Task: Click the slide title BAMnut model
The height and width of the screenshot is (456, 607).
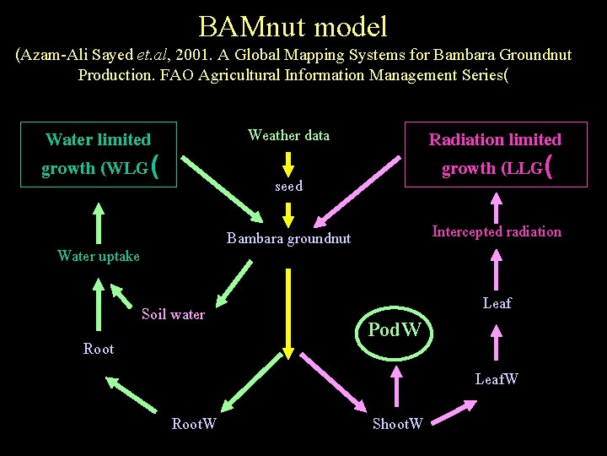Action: coord(293,26)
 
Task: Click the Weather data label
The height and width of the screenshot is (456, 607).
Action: coord(288,135)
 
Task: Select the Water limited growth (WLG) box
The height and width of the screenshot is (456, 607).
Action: coord(99,154)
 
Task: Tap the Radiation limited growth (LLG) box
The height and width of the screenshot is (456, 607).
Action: coord(495,154)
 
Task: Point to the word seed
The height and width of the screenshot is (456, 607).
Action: coord(288,186)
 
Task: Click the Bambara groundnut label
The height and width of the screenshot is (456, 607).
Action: coord(288,239)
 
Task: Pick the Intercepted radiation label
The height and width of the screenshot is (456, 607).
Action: coord(497,231)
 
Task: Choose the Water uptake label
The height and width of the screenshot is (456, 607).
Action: coord(99,256)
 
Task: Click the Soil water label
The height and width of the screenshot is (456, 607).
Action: coord(173,314)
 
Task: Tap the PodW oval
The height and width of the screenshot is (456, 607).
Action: coord(395,329)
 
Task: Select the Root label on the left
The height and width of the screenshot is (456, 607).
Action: coord(99,349)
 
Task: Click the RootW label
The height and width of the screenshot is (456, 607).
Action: coord(194,423)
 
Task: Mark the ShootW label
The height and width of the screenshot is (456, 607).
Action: coord(398,423)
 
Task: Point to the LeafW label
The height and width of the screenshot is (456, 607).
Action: coord(497,379)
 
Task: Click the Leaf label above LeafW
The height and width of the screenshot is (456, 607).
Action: coord(497,303)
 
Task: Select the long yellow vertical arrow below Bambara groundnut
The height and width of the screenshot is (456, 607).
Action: coord(288,312)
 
